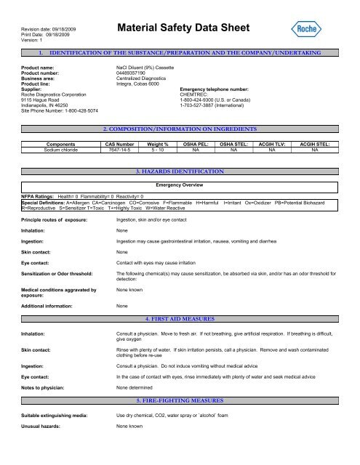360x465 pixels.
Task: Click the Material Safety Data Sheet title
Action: tap(183, 31)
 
